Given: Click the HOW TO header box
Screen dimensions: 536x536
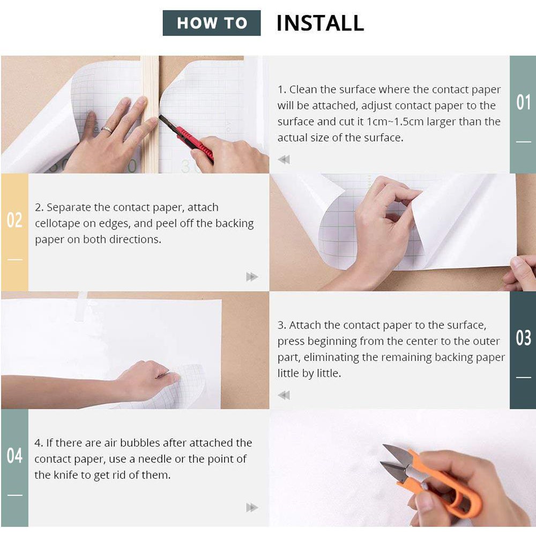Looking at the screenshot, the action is coord(212,23).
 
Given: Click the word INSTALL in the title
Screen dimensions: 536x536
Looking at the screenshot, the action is coord(320,23).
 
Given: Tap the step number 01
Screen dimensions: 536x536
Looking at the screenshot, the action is coord(523,102).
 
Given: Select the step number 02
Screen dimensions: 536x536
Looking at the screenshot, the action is coord(14,220).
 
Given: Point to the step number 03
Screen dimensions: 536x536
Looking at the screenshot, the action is coord(523,338).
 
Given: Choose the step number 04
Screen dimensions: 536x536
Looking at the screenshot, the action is coord(14,455).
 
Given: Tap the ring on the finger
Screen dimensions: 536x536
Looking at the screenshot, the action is coord(107,130).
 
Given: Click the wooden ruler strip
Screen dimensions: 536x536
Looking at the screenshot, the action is coord(150,115).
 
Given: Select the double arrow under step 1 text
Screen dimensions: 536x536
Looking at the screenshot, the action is coord(284,159).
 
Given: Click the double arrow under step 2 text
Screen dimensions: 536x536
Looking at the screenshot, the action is coord(252,277).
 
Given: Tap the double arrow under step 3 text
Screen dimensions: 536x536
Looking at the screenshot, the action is coord(284,395).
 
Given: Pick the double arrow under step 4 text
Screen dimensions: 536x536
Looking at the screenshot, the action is coord(252,508).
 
